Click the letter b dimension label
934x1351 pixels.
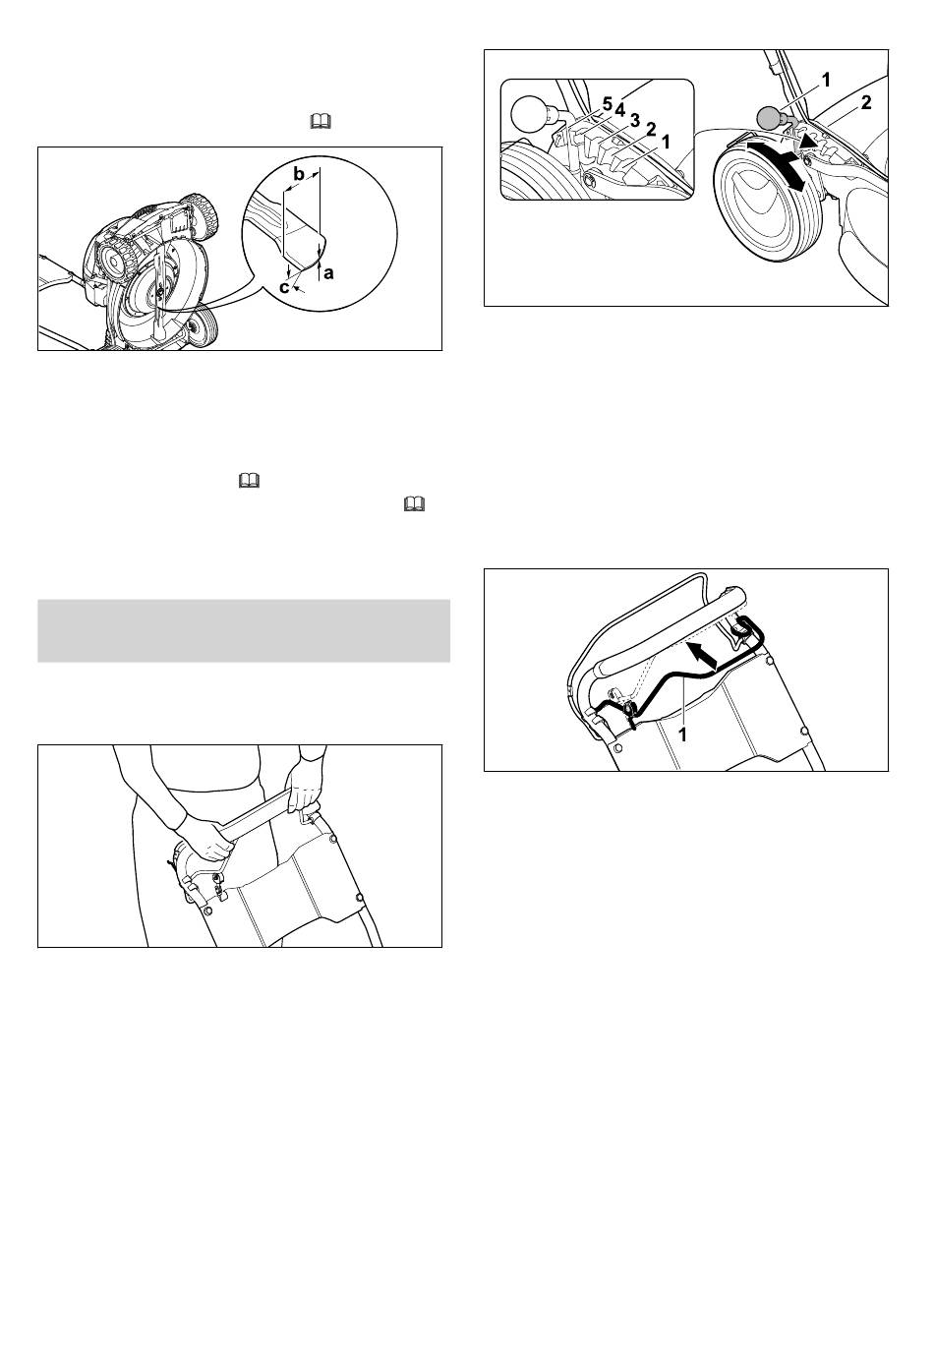pos(300,175)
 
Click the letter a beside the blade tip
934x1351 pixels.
pos(329,273)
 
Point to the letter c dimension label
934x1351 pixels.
pos(283,288)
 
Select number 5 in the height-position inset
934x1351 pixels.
pos(607,104)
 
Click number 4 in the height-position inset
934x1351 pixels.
pos(619,110)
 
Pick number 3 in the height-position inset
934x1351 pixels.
pos(634,120)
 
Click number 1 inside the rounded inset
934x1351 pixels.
pos(665,142)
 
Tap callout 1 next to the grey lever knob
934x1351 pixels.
pos(826,79)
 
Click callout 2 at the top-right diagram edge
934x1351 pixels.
pos(865,103)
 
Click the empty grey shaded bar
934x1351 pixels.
pos(244,630)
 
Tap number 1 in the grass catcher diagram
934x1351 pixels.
pos(682,735)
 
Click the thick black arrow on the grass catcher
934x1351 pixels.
pos(703,656)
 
